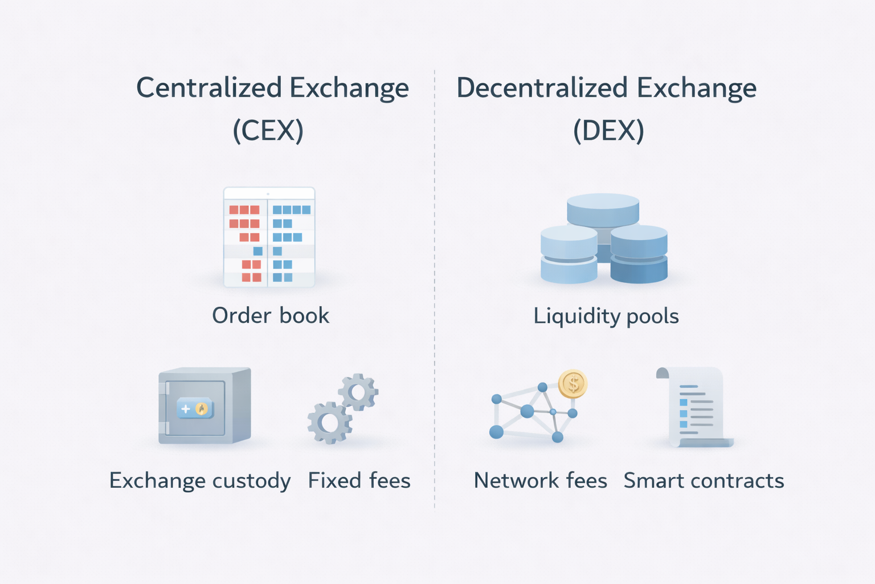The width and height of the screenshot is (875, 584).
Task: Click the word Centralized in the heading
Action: (x=208, y=88)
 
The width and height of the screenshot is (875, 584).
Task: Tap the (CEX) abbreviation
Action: (x=268, y=131)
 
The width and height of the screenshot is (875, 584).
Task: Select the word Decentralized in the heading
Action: (x=542, y=88)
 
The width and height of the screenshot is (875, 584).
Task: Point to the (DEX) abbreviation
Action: (x=608, y=131)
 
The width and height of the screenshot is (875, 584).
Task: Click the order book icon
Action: (x=269, y=237)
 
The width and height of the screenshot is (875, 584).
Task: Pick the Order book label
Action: (x=271, y=315)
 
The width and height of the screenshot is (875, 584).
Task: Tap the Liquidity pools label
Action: (x=606, y=316)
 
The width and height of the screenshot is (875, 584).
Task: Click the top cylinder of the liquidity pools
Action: (x=603, y=209)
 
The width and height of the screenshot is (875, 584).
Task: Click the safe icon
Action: (x=205, y=405)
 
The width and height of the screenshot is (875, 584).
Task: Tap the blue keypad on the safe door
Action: (x=195, y=408)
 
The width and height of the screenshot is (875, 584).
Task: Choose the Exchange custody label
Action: (x=200, y=481)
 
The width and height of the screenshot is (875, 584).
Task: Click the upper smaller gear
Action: (x=358, y=392)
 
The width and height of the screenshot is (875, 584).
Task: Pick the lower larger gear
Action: (x=329, y=423)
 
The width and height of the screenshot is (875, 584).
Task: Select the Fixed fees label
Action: (x=359, y=481)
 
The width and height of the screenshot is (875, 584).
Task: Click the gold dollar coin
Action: (x=573, y=384)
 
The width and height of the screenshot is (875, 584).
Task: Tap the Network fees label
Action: (x=540, y=481)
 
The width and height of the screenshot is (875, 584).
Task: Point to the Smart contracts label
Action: (x=704, y=481)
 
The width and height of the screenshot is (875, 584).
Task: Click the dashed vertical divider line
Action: (x=435, y=285)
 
